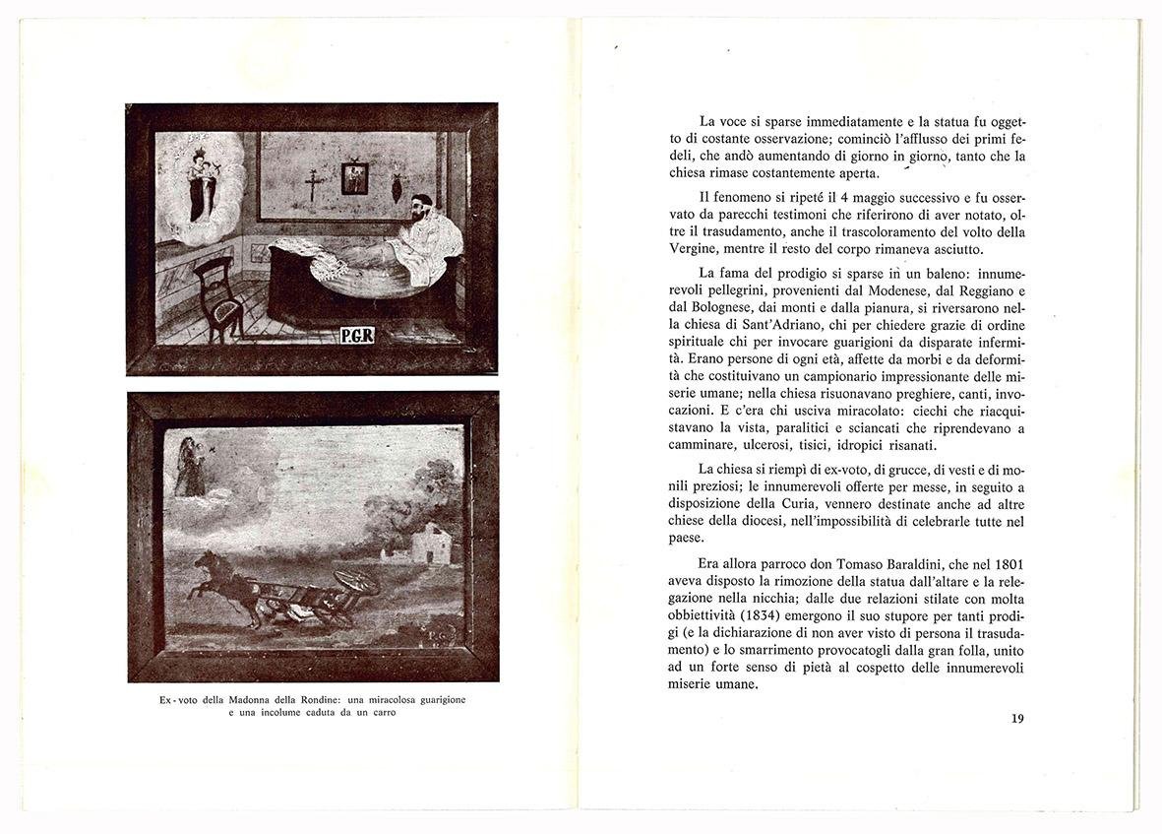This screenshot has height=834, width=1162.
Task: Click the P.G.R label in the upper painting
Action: [356, 335]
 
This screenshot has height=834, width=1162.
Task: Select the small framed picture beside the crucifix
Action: [354, 178]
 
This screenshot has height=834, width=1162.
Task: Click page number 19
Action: [1016, 718]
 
